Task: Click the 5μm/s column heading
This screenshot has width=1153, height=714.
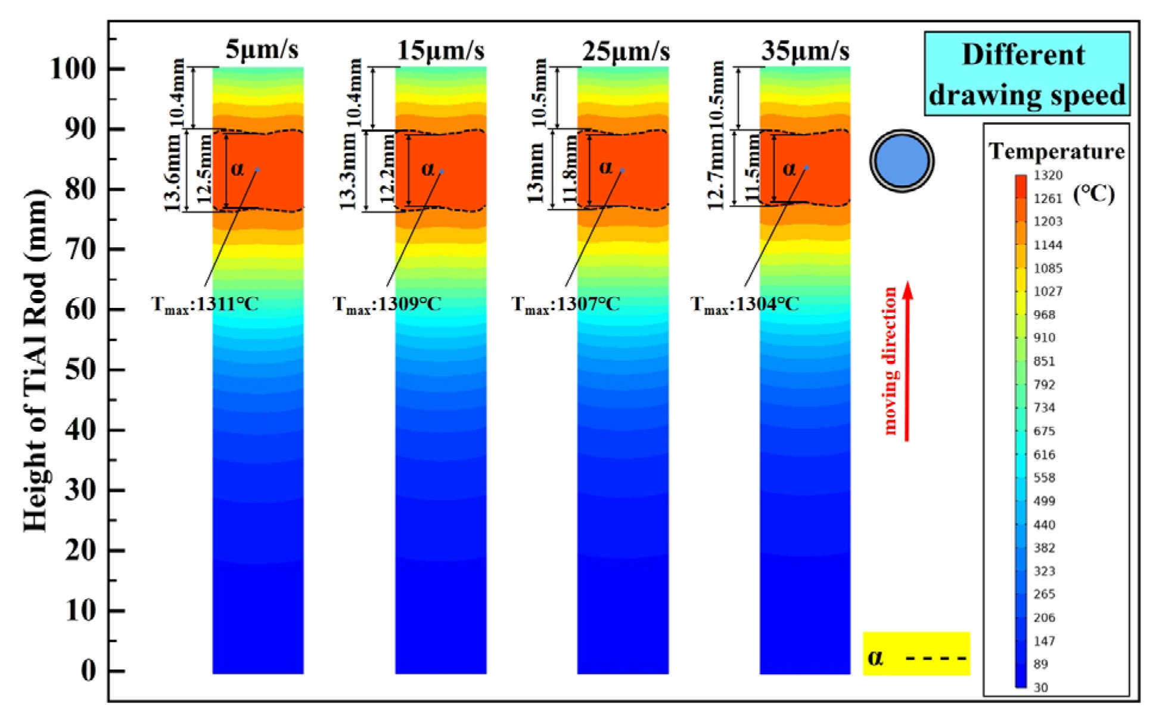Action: coord(262,50)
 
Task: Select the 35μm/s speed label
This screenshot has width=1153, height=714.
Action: coord(805,51)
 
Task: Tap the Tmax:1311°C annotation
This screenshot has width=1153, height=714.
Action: coord(205,304)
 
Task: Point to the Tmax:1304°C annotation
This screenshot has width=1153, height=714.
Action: coord(744,304)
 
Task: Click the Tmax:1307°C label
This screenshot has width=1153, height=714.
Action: coord(565,304)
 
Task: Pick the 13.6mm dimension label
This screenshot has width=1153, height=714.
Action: coord(172,172)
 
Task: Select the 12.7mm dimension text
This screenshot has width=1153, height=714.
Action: coord(717,172)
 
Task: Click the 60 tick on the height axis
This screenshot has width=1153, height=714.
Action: coord(80,309)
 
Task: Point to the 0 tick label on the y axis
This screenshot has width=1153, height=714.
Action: coord(88,671)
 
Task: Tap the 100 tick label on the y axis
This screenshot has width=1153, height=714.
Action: coord(73,68)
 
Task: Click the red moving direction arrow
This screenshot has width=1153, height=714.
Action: coord(907,361)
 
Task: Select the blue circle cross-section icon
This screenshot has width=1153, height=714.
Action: coord(902,161)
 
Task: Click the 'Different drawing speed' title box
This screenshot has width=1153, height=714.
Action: coord(1027,74)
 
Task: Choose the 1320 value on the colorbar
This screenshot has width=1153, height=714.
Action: coord(1048,175)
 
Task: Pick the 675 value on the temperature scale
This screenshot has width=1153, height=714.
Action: coord(1044,431)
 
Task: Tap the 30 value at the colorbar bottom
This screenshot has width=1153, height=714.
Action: coord(1040,687)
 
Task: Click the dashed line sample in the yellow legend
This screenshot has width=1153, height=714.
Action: coord(936,658)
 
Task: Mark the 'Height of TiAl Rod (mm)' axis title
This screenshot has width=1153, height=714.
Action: coord(35,360)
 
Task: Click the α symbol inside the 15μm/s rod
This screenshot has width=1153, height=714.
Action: coord(428,169)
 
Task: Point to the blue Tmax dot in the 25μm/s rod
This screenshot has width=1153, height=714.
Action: coord(622,170)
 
